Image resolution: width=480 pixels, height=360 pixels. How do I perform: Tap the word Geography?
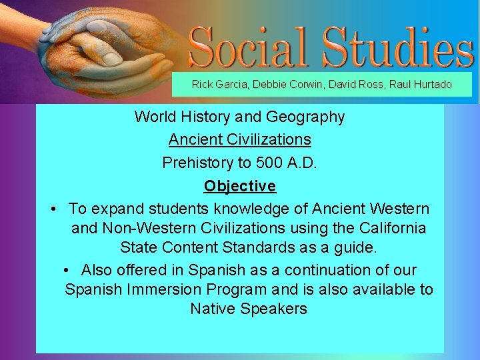pyautogui.click(x=305, y=117)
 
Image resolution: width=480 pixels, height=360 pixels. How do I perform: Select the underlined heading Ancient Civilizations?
pyautogui.click(x=240, y=139)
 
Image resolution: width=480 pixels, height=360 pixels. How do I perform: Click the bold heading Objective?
pyautogui.click(x=240, y=186)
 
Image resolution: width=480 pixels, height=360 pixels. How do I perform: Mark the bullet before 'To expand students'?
pyautogui.click(x=53, y=209)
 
